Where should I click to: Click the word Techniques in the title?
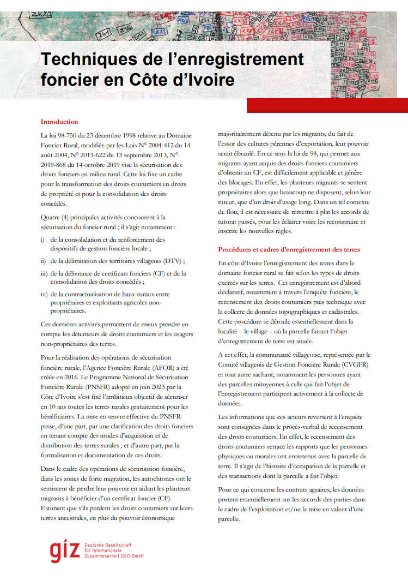click(x=87, y=59)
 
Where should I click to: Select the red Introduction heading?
click(x=59, y=122)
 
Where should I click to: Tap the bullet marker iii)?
click(x=44, y=273)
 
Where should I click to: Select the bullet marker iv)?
click(x=44, y=294)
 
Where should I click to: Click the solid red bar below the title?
click(x=327, y=105)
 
